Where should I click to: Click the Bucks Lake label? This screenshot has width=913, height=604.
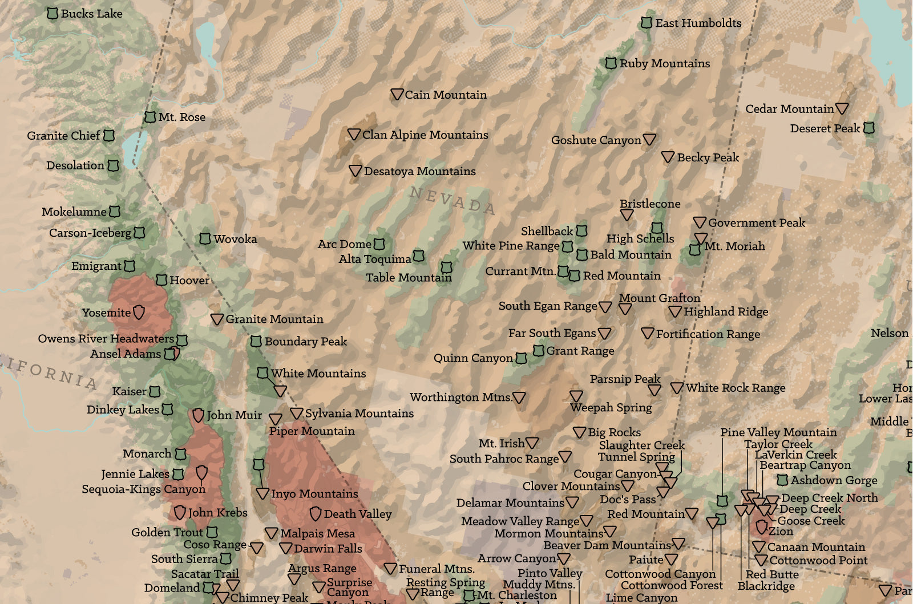tap(91, 13)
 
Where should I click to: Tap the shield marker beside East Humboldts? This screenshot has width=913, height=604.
tap(646, 23)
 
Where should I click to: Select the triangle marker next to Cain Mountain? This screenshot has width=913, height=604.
tap(397, 95)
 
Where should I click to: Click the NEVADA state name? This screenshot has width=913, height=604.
tap(452, 200)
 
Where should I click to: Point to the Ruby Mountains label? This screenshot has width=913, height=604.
tap(664, 63)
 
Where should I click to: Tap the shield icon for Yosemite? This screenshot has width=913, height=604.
tap(139, 312)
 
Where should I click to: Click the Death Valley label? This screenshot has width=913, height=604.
tap(357, 514)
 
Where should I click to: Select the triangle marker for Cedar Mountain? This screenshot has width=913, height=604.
tap(842, 108)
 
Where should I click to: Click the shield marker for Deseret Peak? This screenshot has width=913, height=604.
tap(868, 128)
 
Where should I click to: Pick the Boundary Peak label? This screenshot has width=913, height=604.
tap(305, 341)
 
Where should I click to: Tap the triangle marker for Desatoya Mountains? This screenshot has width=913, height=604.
tap(355, 171)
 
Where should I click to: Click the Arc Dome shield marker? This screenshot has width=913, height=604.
tap(379, 244)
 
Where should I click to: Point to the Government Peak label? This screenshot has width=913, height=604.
tap(756, 222)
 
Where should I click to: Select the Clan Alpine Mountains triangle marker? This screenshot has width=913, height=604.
tap(354, 135)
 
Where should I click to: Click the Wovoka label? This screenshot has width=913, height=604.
tap(235, 239)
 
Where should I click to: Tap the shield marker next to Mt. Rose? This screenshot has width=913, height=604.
tap(150, 117)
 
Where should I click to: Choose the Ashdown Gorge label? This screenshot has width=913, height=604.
tap(833, 480)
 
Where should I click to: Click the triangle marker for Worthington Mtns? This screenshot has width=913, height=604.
tap(519, 398)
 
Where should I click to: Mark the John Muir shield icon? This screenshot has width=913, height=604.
tap(198, 415)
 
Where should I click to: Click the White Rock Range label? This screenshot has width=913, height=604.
tap(735, 388)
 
